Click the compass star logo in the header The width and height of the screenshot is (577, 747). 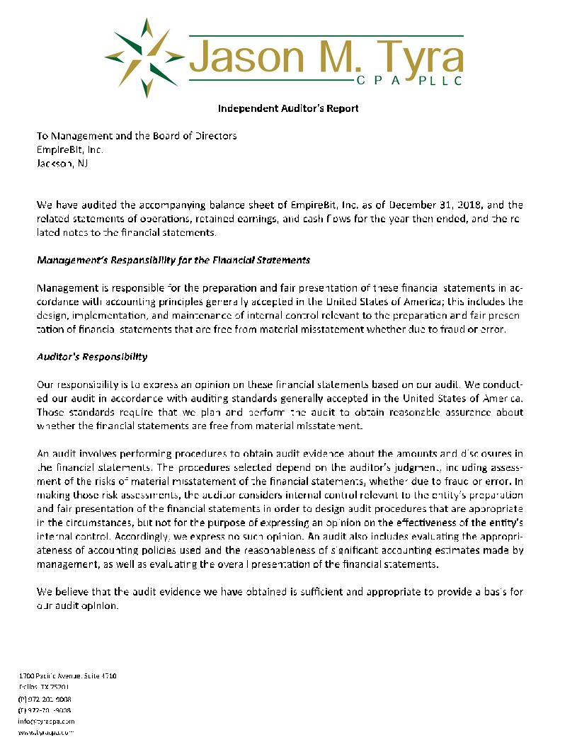(145, 57)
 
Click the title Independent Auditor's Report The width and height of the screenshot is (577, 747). (288, 108)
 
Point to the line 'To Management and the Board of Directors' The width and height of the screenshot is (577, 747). (137, 136)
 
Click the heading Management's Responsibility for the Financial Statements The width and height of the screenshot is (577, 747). (173, 260)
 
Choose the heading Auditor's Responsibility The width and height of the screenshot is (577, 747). (92, 357)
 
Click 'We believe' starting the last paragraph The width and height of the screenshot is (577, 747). (63, 592)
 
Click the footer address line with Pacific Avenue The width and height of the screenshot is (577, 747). (67, 676)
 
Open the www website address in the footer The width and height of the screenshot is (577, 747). (46, 732)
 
